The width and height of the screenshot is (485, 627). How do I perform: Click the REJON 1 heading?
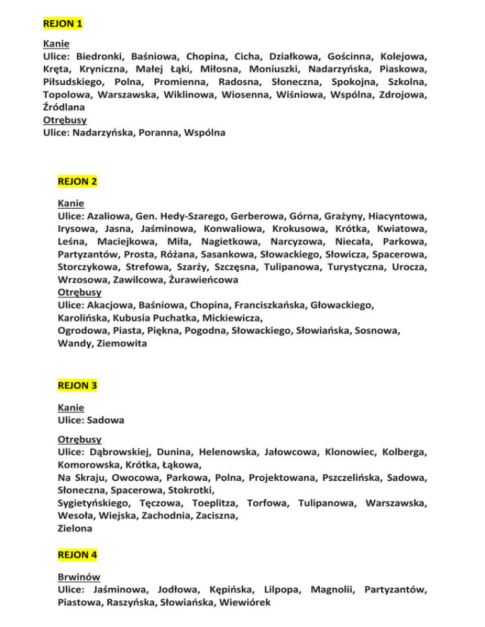[63, 25]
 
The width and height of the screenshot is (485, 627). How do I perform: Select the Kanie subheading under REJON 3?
[70, 407]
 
